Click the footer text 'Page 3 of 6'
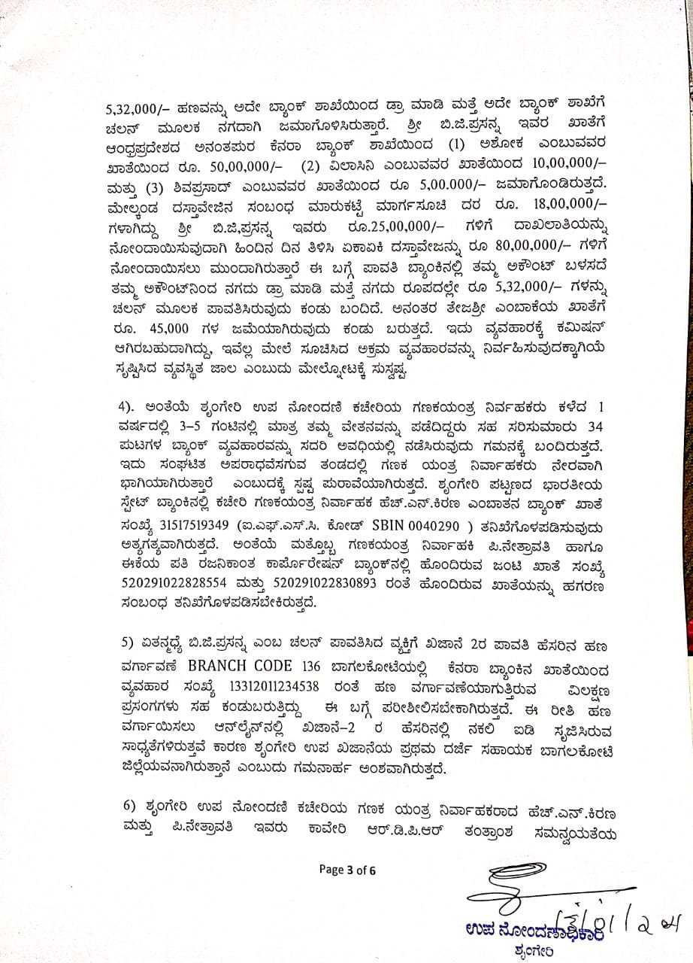tap(346, 870)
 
